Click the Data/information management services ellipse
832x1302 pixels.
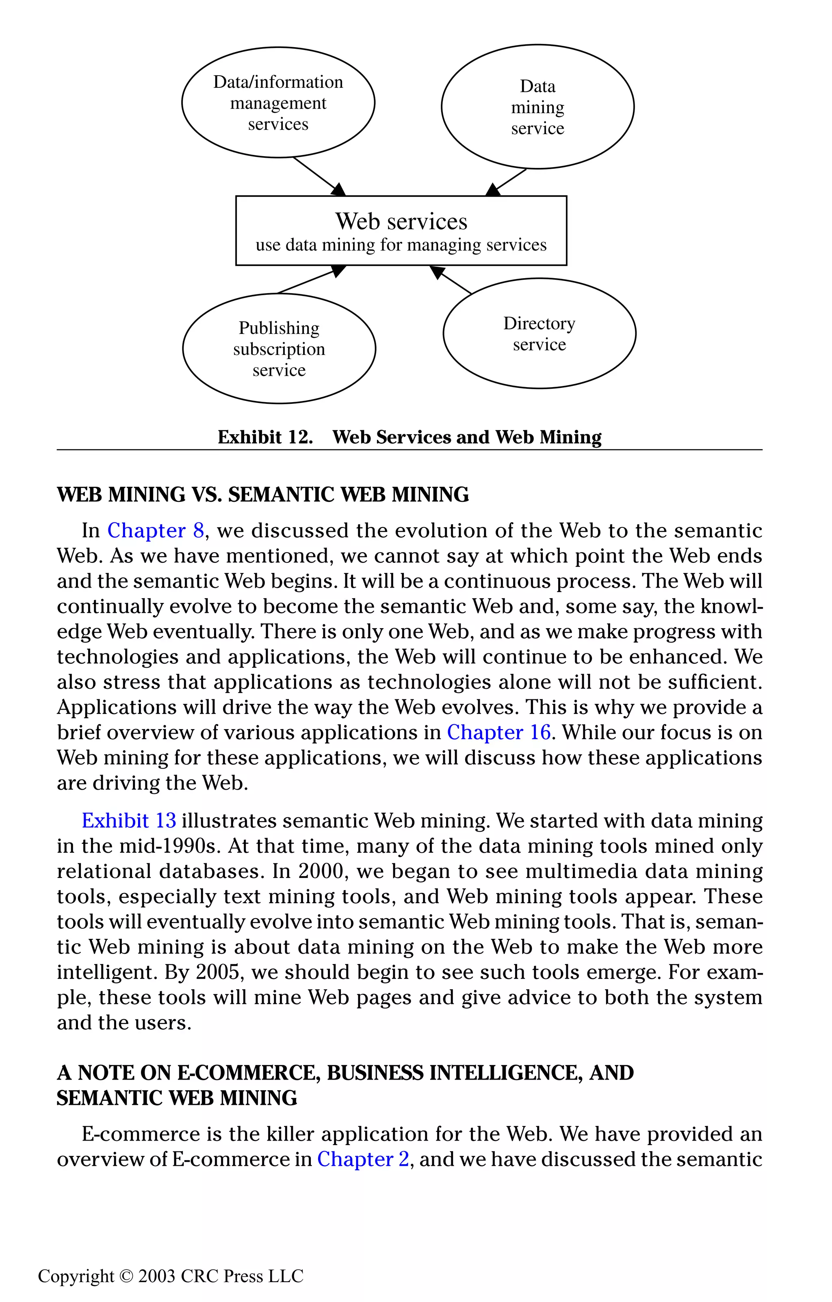tap(278, 103)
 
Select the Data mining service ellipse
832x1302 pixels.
tap(537, 107)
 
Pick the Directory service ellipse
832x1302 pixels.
tap(539, 333)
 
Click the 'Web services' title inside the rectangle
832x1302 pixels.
tap(401, 221)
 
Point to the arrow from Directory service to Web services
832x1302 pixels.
tap(452, 280)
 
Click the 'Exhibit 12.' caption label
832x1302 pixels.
tap(265, 437)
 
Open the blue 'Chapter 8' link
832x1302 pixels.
tap(156, 530)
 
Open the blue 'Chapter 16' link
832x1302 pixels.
tap(498, 732)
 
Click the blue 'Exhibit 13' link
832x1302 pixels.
tap(129, 821)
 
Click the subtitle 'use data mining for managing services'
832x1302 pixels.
tap(401, 245)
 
